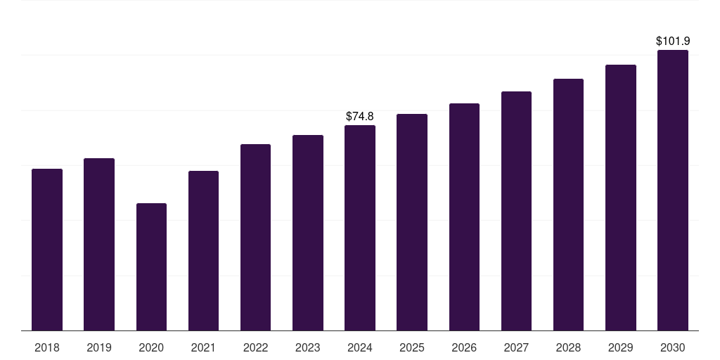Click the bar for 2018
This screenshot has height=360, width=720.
pos(47,250)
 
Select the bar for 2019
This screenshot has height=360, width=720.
pos(99,244)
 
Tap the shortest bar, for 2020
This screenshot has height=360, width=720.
pos(151,266)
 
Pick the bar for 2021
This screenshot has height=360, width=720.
pos(203,250)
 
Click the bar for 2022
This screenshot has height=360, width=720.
pos(255,237)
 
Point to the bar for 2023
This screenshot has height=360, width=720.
pos(308,233)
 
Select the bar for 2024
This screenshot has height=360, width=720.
pos(360,228)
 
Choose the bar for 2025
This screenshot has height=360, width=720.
pos(412,222)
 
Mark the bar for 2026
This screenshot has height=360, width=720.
pos(464,217)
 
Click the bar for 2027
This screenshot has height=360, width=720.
pos(516,211)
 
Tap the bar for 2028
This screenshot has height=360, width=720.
pos(568,205)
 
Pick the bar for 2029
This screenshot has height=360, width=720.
pos(621,198)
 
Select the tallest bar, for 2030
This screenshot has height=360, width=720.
pos(673,190)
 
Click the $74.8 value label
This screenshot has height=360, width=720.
pos(360,116)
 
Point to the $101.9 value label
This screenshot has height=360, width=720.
pos(673,41)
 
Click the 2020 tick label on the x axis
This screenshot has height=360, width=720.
pos(151,347)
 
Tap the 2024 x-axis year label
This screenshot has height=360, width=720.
pos(360,347)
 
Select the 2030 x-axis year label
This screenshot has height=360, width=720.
pos(673,347)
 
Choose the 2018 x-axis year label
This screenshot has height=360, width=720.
pos(47,347)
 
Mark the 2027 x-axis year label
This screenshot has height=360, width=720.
pos(516,347)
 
